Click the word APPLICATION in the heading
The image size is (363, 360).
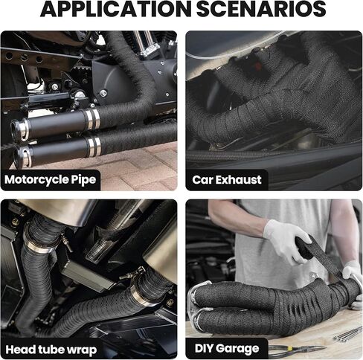point(116,9)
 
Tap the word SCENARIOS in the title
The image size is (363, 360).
point(261,9)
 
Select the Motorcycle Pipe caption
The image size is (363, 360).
point(50,179)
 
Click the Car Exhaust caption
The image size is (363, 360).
point(227,180)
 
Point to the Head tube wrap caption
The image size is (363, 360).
point(51,350)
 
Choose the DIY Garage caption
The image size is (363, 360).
point(227,348)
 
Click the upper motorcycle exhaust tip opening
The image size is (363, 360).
point(18,129)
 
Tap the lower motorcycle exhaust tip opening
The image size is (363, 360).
point(22,157)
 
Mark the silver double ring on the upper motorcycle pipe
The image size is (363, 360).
point(93,120)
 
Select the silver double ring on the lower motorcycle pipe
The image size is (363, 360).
point(94,147)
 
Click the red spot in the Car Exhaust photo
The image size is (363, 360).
point(258,66)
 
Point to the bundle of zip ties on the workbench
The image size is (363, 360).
point(347,334)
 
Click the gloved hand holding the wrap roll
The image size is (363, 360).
point(285,241)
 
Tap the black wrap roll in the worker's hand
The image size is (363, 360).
point(304,247)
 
